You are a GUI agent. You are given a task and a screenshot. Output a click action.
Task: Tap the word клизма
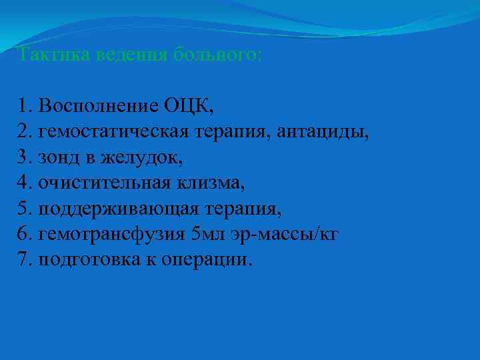213,183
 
